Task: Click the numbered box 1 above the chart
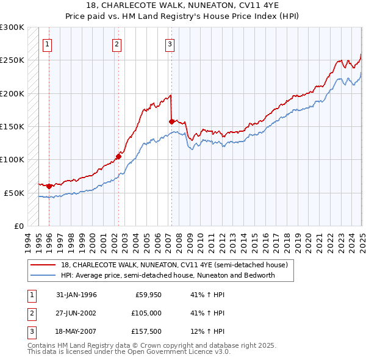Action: pyautogui.click(x=48, y=43)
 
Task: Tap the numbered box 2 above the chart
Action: pyautogui.click(x=117, y=43)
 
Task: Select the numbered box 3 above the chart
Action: pyautogui.click(x=170, y=43)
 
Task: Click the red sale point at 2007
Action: pyautogui.click(x=171, y=121)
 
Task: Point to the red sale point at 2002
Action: pyautogui.click(x=118, y=156)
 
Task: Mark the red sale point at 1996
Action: pyautogui.click(x=49, y=186)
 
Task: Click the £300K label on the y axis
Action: pyautogui.click(x=12, y=27)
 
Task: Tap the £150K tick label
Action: pyautogui.click(x=12, y=126)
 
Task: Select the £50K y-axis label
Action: pyautogui.click(x=13, y=193)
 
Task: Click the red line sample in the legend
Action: pyautogui.click(x=43, y=265)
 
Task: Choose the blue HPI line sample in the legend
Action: pyautogui.click(x=43, y=275)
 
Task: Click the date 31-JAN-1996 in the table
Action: pyautogui.click(x=76, y=295)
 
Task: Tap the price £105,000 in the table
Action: pyautogui.click(x=146, y=313)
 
